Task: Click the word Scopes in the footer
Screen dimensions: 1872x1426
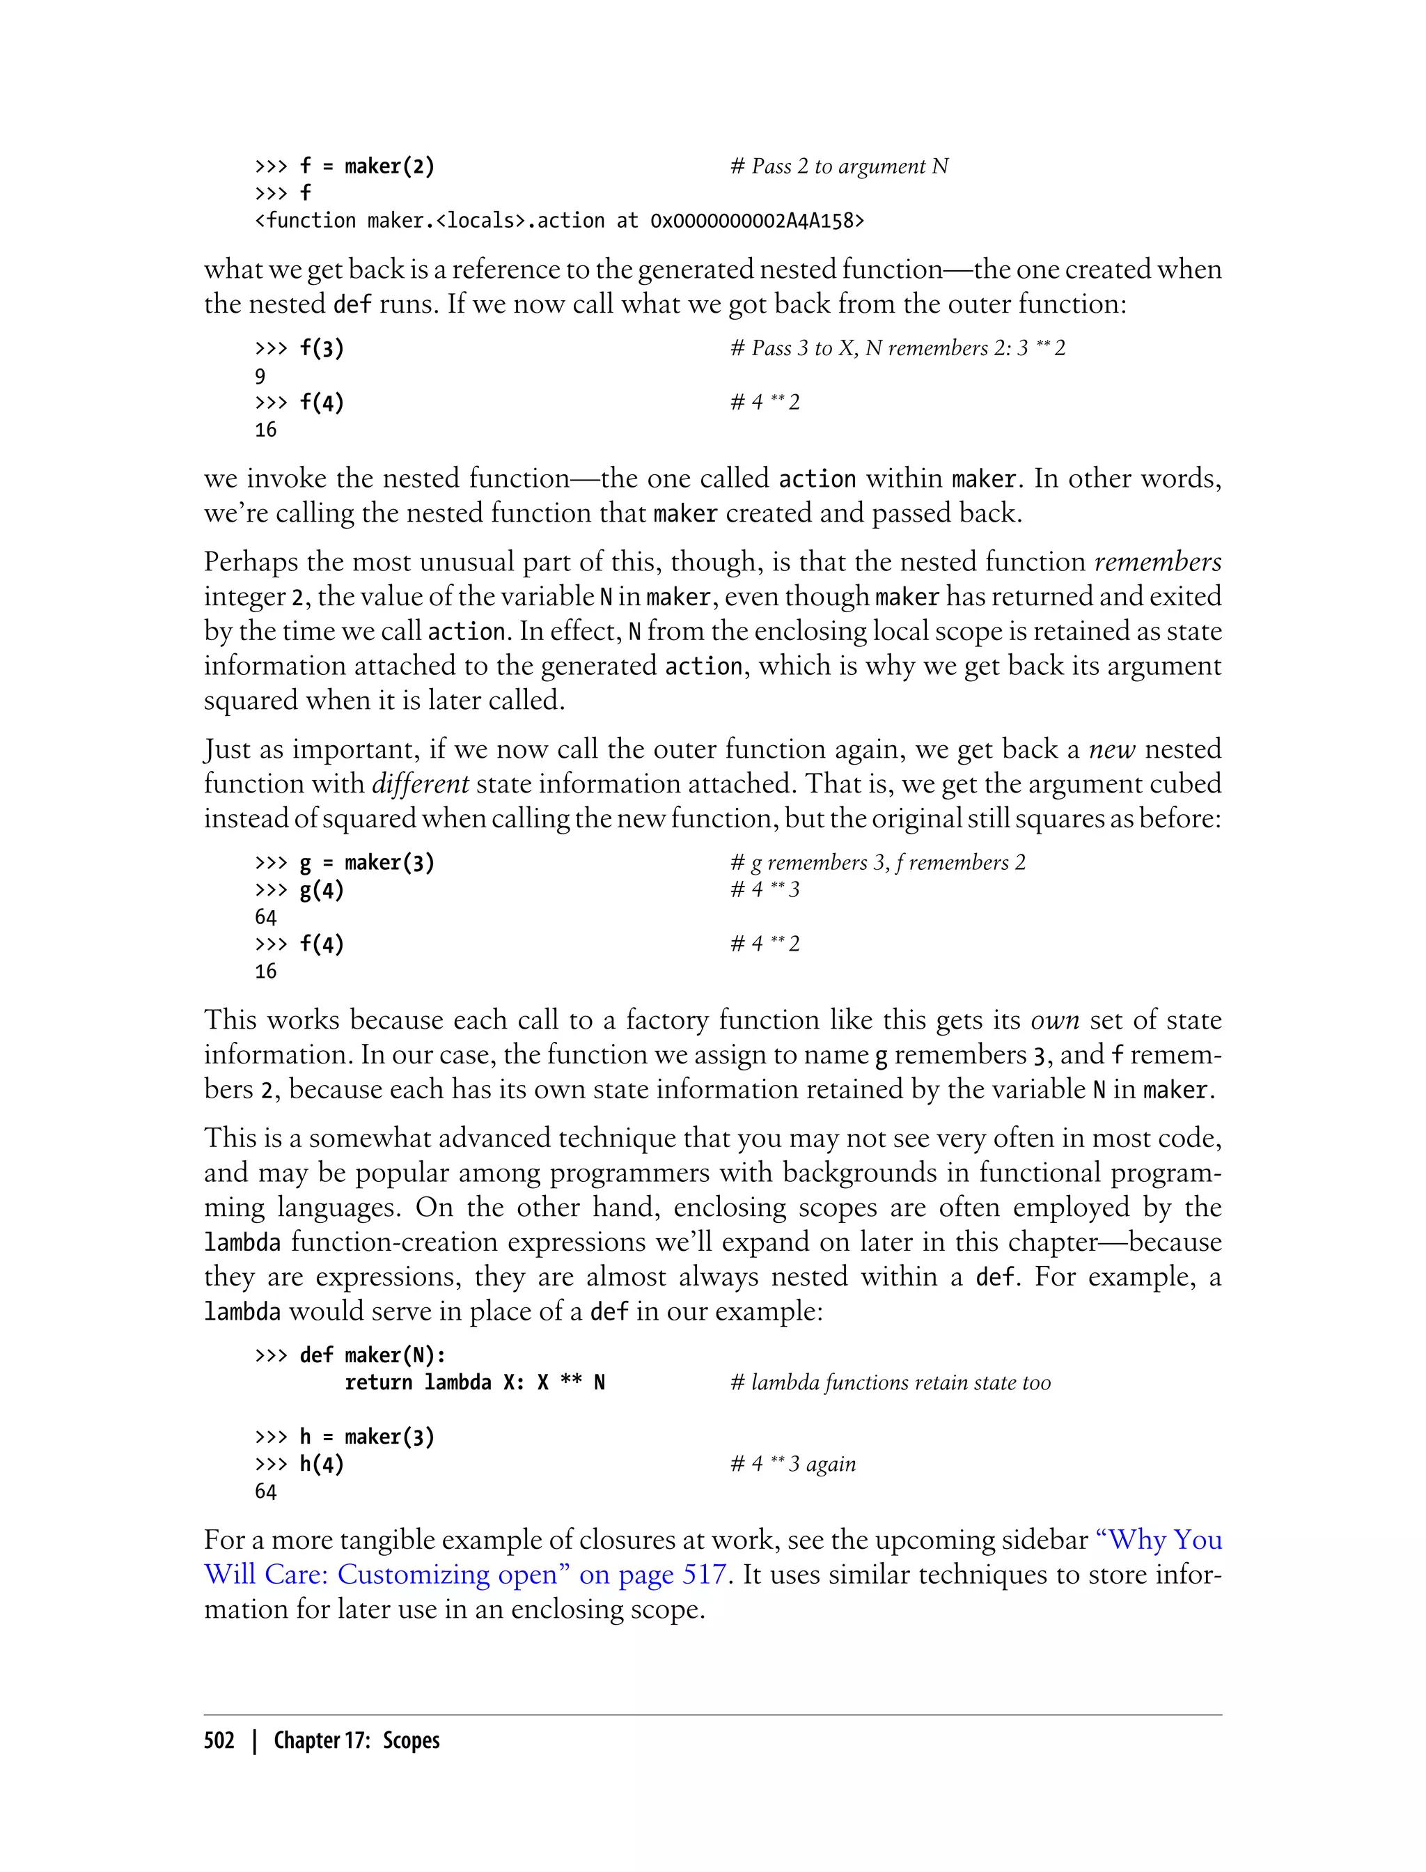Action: [x=411, y=1740]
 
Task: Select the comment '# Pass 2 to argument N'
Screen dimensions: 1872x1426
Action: [x=838, y=166]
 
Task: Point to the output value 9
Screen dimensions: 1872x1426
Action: [x=260, y=376]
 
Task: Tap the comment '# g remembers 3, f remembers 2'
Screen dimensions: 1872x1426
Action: [x=877, y=863]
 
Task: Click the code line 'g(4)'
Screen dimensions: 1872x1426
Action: [x=321, y=890]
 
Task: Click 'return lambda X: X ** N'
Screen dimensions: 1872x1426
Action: [x=474, y=1382]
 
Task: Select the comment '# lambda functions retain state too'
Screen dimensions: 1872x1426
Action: [x=891, y=1382]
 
